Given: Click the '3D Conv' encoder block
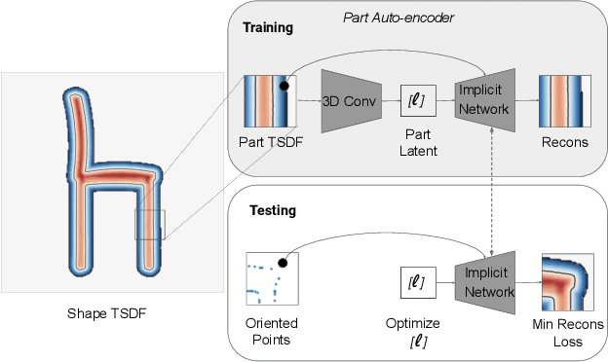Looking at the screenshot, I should [347, 100].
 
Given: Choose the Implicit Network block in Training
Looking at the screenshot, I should [484, 100].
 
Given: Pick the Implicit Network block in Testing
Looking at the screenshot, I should [484, 282].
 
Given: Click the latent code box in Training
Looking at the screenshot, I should [414, 99].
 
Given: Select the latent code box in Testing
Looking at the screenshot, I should [414, 282].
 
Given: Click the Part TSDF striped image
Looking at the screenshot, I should [269, 101].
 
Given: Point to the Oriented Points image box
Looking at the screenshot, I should [272, 280].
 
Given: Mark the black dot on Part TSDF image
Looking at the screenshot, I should [284, 87].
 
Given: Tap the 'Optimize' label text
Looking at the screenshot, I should [414, 322].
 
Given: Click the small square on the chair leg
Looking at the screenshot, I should [149, 224].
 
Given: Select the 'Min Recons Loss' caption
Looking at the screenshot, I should [570, 332].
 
